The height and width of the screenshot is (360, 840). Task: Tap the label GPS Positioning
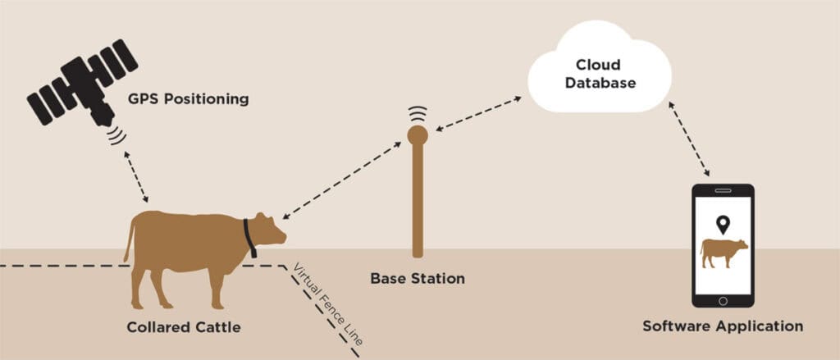pyautogui.click(x=188, y=100)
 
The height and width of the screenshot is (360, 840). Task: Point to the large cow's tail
pyautogui.click(x=129, y=239)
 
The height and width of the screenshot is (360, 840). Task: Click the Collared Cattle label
pyautogui.click(x=184, y=327)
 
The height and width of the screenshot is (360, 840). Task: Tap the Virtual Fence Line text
pyautogui.click(x=327, y=304)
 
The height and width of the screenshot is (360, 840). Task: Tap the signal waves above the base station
pyautogui.click(x=418, y=113)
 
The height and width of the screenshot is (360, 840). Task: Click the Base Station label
pyautogui.click(x=418, y=278)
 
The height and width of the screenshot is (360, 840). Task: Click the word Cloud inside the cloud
pyautogui.click(x=598, y=64)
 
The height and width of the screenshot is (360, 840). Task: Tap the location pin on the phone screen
pyautogui.click(x=723, y=224)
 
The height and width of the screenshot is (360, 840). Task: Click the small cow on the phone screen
pyautogui.click(x=724, y=252)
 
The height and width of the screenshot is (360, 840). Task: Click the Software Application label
pyautogui.click(x=723, y=326)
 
